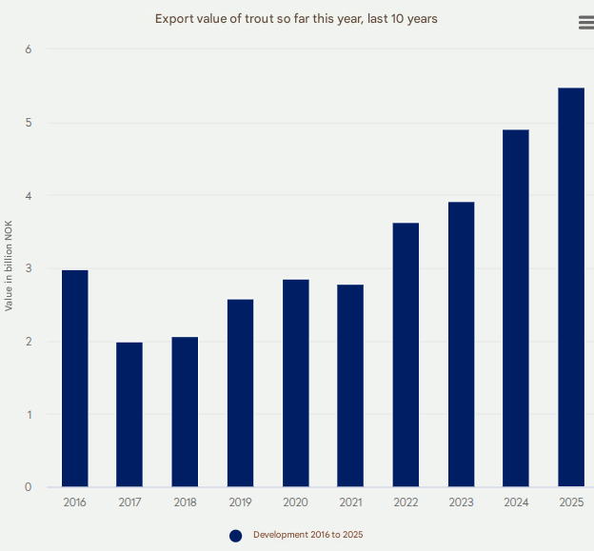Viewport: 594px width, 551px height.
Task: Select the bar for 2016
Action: (75, 379)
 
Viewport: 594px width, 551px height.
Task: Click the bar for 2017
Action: (129, 415)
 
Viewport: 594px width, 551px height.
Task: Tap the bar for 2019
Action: (240, 393)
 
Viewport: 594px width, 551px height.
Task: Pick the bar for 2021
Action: (350, 385)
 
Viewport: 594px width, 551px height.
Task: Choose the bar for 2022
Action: (406, 355)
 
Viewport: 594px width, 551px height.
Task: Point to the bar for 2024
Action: (516, 308)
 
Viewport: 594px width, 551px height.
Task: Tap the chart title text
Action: (296, 19)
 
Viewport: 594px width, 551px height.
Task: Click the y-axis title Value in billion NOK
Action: (10, 267)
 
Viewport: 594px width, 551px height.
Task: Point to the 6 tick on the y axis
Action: (28, 49)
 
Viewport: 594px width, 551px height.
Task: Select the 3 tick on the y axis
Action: (28, 268)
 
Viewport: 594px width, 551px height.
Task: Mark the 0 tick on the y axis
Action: (28, 487)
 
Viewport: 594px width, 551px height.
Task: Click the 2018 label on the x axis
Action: (185, 502)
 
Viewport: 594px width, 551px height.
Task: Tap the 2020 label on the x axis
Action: (295, 502)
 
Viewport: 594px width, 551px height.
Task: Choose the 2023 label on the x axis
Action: (461, 502)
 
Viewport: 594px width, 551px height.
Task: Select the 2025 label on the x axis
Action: (571, 502)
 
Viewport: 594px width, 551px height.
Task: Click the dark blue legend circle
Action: (236, 536)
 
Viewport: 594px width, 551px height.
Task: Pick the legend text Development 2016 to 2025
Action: (307, 535)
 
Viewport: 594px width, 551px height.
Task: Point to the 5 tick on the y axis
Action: (28, 123)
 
